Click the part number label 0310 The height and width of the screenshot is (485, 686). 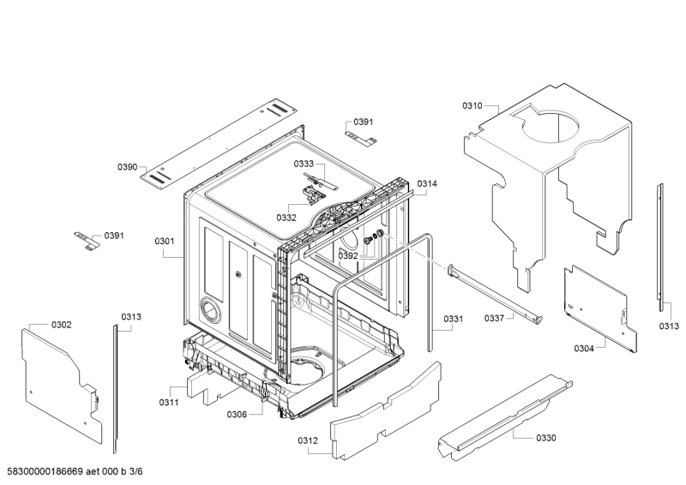pyautogui.click(x=472, y=105)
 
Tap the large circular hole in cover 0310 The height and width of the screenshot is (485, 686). pyautogui.click(x=551, y=127)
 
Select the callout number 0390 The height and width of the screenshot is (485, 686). pyautogui.click(x=127, y=166)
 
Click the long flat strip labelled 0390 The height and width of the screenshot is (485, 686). pyautogui.click(x=219, y=144)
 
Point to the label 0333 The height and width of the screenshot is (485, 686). pyautogui.click(x=304, y=164)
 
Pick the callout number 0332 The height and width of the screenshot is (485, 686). pyautogui.click(x=286, y=218)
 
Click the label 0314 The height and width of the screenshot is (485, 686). pyautogui.click(x=426, y=183)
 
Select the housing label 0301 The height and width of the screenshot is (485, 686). pyautogui.click(x=165, y=241)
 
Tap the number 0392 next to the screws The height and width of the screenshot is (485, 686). pyautogui.click(x=348, y=256)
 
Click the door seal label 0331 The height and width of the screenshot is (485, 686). pyautogui.click(x=454, y=319)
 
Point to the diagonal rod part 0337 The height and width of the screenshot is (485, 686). pyautogui.click(x=496, y=295)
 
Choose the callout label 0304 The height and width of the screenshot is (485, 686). pyautogui.click(x=584, y=348)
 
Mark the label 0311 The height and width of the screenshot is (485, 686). pyautogui.click(x=169, y=403)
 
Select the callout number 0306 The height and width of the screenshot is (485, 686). pyautogui.click(x=237, y=414)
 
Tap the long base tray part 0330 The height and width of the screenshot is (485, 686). pyautogui.click(x=505, y=416)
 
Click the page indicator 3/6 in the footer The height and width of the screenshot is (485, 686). pyautogui.click(x=136, y=471)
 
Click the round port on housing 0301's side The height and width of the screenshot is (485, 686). pyautogui.click(x=211, y=310)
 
